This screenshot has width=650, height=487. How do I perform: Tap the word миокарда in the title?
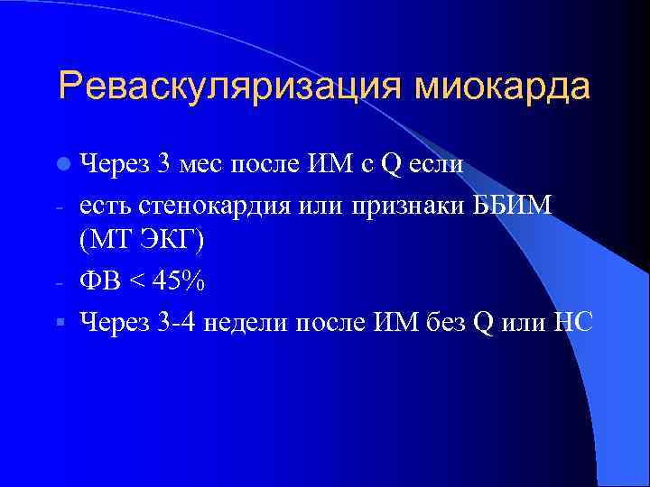[x=502, y=87]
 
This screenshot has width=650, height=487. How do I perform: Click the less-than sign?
[x=140, y=282]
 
